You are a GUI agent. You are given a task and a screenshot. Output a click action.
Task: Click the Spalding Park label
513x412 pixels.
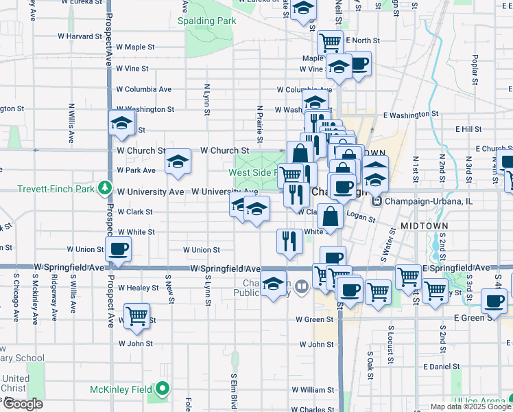tap(206, 21)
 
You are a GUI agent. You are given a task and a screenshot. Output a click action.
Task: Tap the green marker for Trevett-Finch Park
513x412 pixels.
tap(104, 187)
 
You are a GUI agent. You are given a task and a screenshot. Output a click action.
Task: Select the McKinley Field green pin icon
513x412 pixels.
tap(163, 389)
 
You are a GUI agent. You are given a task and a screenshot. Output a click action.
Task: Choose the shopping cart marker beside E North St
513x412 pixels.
tap(331, 43)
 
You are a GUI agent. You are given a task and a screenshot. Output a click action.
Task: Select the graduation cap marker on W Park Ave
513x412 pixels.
tap(178, 162)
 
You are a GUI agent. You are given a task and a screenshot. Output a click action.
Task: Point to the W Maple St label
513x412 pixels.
tap(136, 47)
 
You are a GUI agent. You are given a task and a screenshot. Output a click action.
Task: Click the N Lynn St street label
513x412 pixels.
tap(206, 95)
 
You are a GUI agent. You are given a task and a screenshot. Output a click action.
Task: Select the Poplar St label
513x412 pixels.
tap(474, 69)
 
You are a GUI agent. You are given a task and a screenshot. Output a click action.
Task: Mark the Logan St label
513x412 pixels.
tap(361, 218)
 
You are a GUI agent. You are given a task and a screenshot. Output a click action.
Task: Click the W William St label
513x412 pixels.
tap(312, 389)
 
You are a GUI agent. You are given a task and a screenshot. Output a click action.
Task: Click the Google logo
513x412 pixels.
tap(22, 404)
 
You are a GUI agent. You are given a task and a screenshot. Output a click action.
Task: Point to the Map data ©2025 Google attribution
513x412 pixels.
tap(470, 407)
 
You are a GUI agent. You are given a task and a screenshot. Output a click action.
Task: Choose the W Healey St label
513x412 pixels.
tap(139, 288)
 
